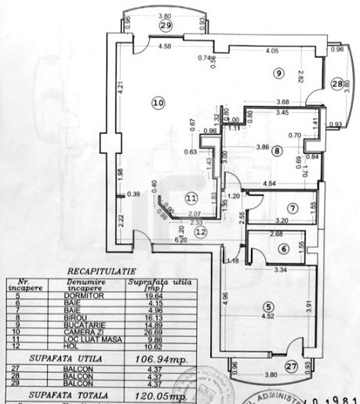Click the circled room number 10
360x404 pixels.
(158, 102)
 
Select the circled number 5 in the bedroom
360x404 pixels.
(268, 307)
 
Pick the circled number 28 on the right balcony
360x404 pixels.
(336, 84)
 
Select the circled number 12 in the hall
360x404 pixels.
(201, 232)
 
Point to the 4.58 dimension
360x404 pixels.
(165, 46)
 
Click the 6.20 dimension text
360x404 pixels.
(159, 240)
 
